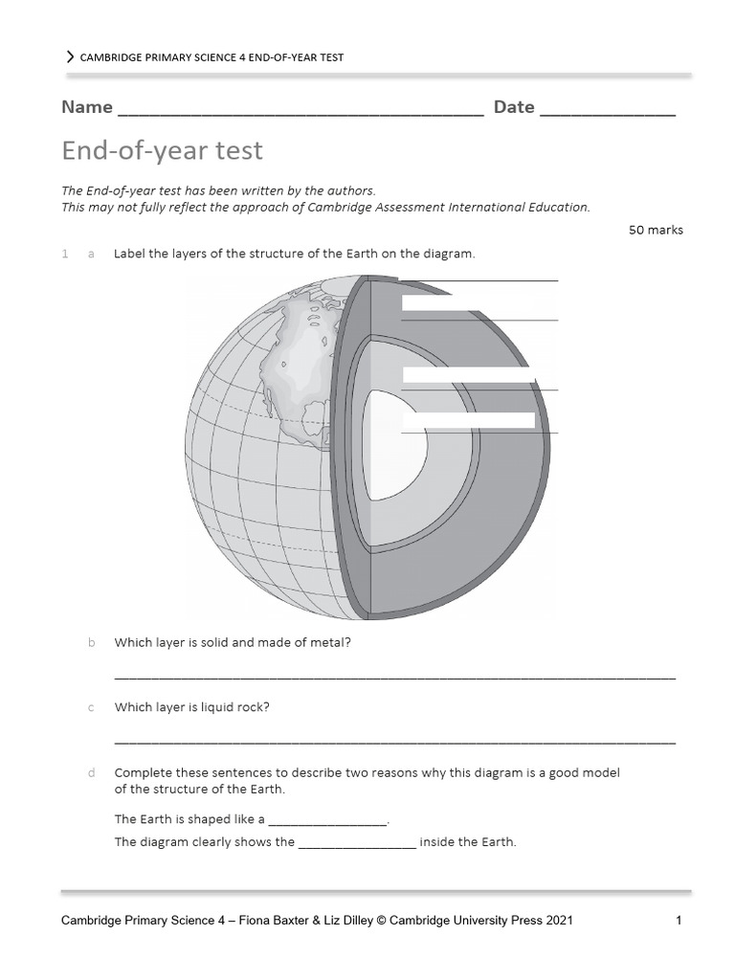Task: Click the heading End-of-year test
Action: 162,151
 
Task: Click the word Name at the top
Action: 87,107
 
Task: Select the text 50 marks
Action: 656,230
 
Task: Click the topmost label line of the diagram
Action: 479,280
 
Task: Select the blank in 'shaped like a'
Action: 328,822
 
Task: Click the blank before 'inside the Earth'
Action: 357,846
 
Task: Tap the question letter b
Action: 91,643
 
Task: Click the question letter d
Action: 91,773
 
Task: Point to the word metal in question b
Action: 330,643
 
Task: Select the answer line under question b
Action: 394,678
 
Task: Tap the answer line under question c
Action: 394,742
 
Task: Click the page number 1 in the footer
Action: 678,922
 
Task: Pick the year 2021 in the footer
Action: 558,922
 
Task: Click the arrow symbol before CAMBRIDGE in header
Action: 70,57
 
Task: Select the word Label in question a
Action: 130,254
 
